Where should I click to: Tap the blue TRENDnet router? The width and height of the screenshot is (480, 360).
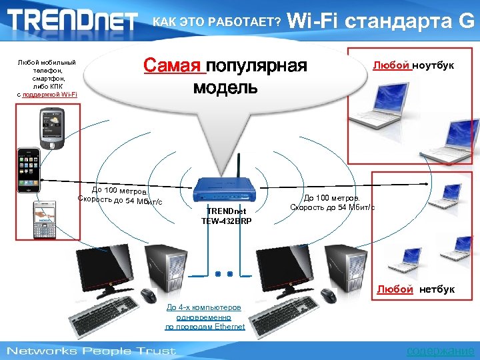[x=225, y=189]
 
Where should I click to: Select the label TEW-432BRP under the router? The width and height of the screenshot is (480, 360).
[x=226, y=221]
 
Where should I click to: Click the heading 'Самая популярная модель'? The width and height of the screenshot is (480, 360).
[x=225, y=76]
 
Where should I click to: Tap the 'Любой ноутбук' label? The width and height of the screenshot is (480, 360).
[x=413, y=65]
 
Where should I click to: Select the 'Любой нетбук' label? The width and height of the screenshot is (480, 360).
[x=415, y=289]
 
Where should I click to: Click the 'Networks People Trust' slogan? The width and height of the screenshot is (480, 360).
[x=91, y=351]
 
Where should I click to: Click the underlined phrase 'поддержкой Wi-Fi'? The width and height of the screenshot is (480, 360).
[x=49, y=95]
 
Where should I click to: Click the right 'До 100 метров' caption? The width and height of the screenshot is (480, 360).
[x=332, y=198]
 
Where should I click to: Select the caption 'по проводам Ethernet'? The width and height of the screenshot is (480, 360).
[x=205, y=327]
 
